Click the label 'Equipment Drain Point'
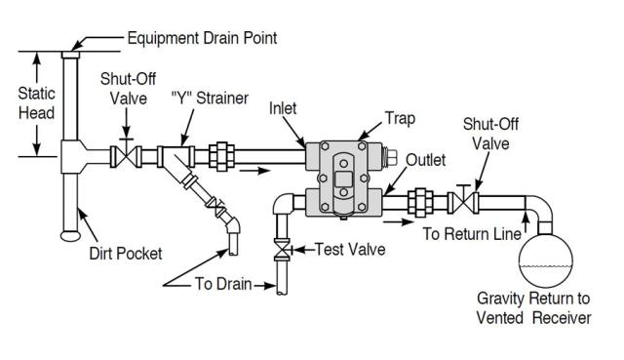202,39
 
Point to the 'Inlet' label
283,108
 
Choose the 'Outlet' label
426,159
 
